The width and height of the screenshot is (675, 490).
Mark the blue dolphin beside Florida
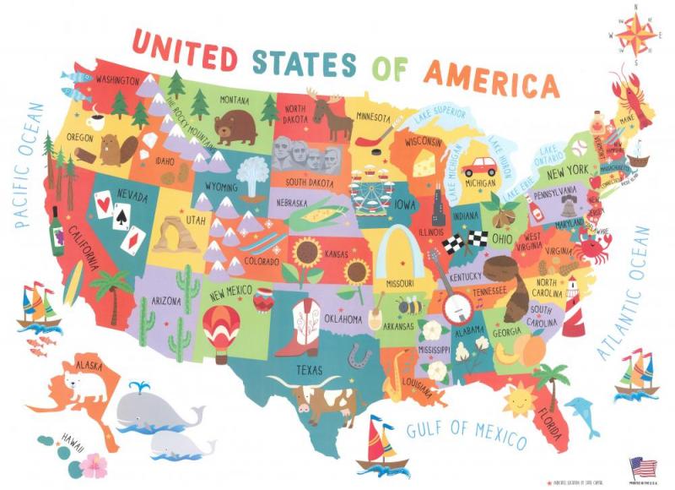coord(582,413)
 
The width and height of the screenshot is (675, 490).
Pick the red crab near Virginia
coord(595,247)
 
